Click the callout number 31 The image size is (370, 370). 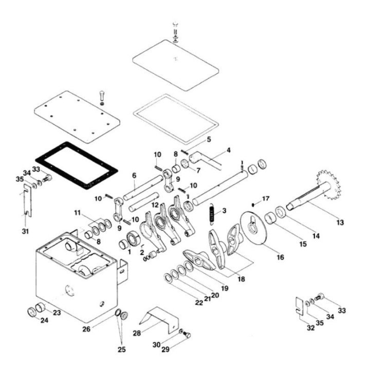tap(26, 231)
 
